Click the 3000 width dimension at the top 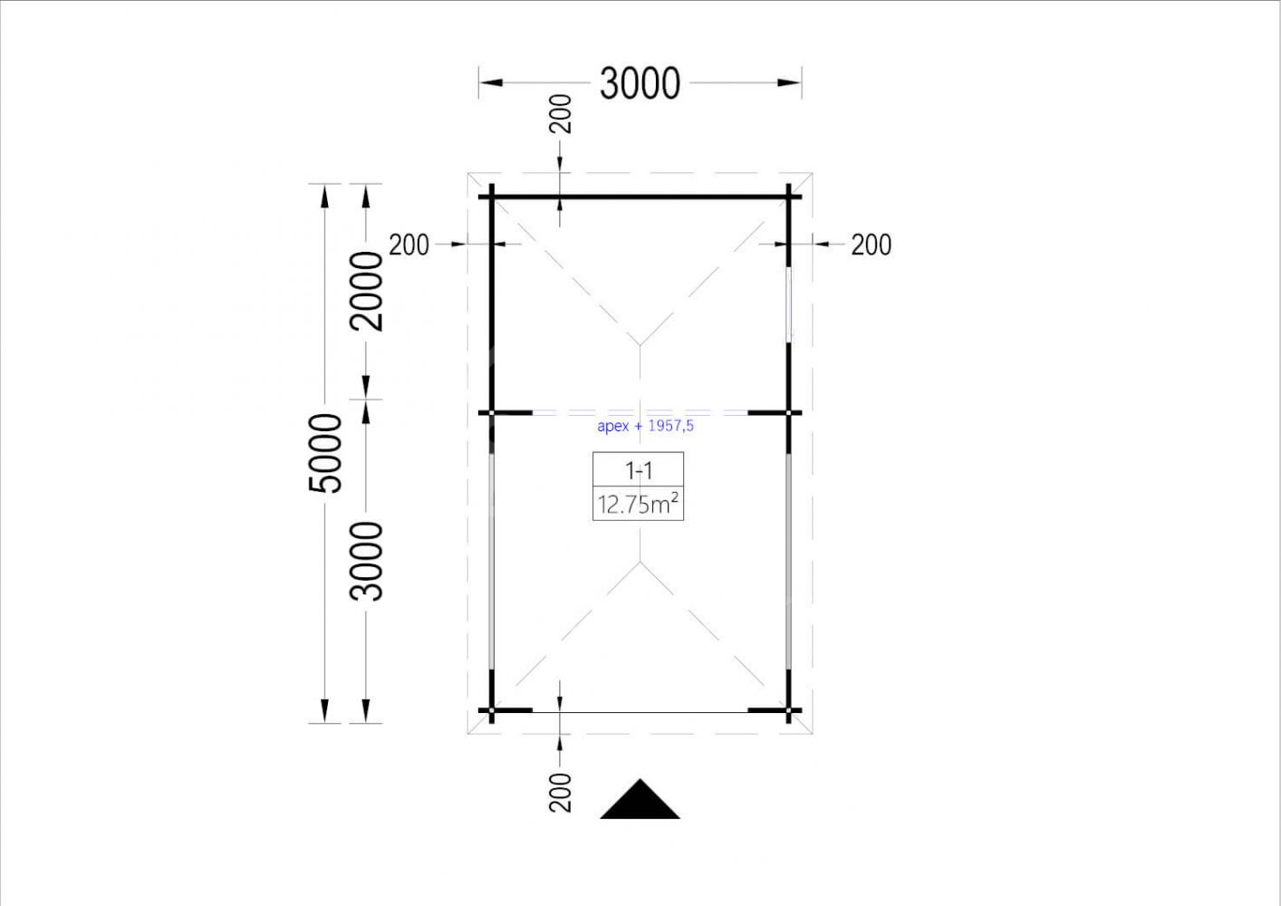[640, 83]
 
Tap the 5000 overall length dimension [325, 453]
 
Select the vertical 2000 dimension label [366, 291]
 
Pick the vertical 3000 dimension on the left [366, 561]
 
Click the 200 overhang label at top [561, 114]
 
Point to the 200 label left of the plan [409, 245]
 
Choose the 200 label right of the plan [871, 245]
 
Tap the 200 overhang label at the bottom [561, 792]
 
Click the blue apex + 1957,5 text [645, 426]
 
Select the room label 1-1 [638, 471]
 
